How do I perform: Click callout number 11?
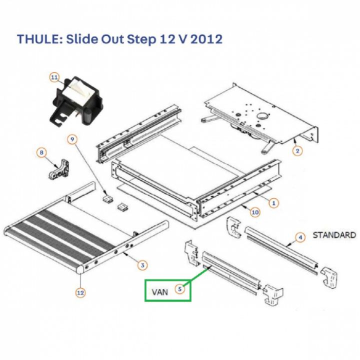[x=54, y=77]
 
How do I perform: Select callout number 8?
[x=42, y=151]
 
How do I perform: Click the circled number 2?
[x=297, y=150]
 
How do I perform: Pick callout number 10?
[x=255, y=212]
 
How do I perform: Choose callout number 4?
[x=300, y=237]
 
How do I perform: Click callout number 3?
[x=142, y=265]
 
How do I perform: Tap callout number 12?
[x=80, y=293]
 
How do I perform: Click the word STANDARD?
[x=334, y=234]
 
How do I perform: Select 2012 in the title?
[x=204, y=39]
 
